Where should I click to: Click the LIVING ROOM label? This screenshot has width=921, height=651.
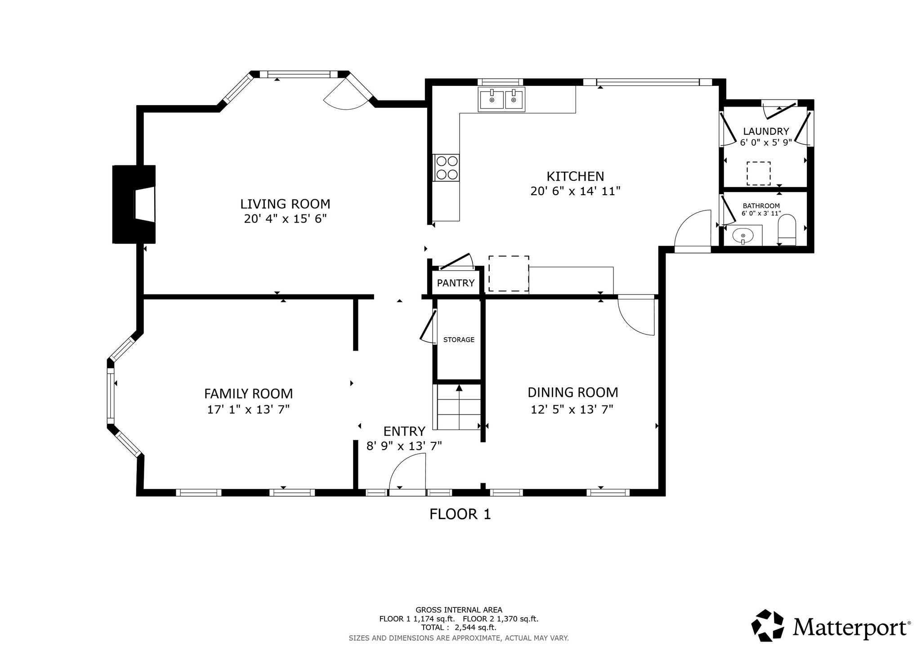[x=285, y=204]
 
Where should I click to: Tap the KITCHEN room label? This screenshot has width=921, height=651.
[x=575, y=176]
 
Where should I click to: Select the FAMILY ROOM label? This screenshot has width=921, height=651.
[x=248, y=394]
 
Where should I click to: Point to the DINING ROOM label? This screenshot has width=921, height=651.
[x=572, y=392]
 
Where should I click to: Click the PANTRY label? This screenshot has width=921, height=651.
[x=456, y=283]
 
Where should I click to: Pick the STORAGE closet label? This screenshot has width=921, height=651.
[x=459, y=340]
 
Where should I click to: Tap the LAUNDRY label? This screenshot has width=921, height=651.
[x=766, y=131]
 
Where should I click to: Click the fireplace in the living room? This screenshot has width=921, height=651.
[x=134, y=205]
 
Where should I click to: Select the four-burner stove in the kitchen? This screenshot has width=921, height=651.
[x=447, y=168]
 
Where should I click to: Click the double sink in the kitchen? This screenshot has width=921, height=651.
[x=501, y=99]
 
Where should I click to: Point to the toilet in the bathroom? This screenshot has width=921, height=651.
[x=787, y=230]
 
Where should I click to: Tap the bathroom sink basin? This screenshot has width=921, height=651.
[x=743, y=235]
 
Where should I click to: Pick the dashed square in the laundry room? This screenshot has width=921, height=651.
[x=759, y=174]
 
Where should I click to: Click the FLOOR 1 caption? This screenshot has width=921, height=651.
[x=460, y=514]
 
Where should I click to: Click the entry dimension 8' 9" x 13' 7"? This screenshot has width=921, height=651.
[x=404, y=446]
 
